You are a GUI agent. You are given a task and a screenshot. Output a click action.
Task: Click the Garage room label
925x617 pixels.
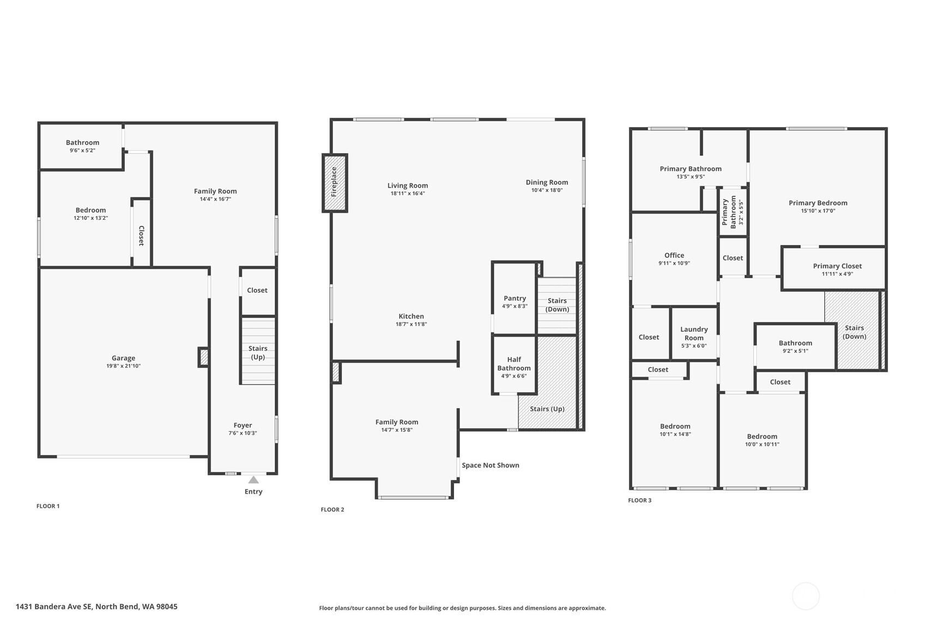(x=123, y=358)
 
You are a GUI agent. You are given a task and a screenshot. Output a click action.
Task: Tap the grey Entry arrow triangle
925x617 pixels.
(x=253, y=480)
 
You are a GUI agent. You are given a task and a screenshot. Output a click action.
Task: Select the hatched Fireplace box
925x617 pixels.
(x=335, y=183)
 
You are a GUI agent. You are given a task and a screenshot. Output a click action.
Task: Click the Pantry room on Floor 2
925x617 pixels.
(x=515, y=297)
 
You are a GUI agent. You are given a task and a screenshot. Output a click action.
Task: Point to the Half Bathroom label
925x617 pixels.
(x=513, y=364)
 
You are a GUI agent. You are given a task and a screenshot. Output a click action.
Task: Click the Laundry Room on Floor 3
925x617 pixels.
(x=694, y=333)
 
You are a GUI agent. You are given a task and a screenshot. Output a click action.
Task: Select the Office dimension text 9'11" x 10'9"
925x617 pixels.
(x=674, y=263)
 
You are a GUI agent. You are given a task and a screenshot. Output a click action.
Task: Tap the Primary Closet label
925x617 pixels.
(x=837, y=266)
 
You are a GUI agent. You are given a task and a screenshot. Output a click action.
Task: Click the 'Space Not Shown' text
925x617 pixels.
(x=490, y=465)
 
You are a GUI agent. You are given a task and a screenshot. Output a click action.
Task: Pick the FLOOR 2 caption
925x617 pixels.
(x=332, y=510)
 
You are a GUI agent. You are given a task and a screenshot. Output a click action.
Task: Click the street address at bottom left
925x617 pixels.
(x=96, y=607)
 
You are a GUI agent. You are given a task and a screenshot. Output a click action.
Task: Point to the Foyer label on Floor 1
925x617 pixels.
(x=243, y=426)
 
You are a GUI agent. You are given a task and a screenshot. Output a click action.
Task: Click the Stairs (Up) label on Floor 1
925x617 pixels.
(x=258, y=352)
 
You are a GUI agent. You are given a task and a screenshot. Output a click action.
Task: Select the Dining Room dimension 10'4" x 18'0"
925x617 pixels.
(x=547, y=190)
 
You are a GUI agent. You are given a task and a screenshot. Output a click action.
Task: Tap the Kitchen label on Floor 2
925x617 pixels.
(x=411, y=316)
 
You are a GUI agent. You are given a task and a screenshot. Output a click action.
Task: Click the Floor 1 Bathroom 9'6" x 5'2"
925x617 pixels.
(x=82, y=146)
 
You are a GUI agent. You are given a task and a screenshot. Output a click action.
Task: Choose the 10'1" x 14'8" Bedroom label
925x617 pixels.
(x=675, y=426)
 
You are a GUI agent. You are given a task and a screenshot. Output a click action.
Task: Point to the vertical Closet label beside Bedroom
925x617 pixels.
(x=141, y=236)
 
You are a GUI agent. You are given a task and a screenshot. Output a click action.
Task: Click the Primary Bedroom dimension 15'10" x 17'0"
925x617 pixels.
(x=818, y=211)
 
